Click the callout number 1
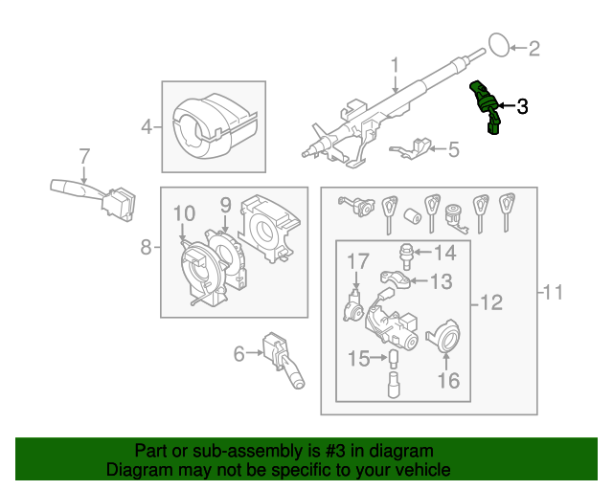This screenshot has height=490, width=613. click(394, 64)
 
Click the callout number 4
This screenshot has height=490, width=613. click(148, 125)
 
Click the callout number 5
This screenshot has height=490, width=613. click(454, 148)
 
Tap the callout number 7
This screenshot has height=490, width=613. click(83, 155)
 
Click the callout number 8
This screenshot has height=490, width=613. click(147, 248)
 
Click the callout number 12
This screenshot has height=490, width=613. click(490, 303)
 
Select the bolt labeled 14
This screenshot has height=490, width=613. click(407, 254)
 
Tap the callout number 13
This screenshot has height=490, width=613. click(441, 281)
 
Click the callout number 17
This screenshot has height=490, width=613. click(357, 261)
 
